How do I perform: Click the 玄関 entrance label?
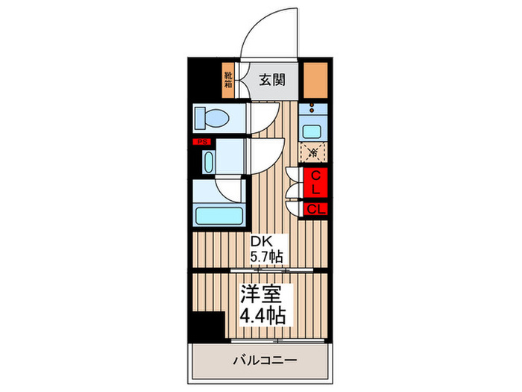[269, 78]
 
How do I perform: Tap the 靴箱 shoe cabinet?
[228, 80]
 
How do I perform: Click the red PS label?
[201, 143]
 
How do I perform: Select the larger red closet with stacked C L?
[316, 183]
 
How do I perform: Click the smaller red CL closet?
[316, 209]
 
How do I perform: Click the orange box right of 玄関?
[315, 78]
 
